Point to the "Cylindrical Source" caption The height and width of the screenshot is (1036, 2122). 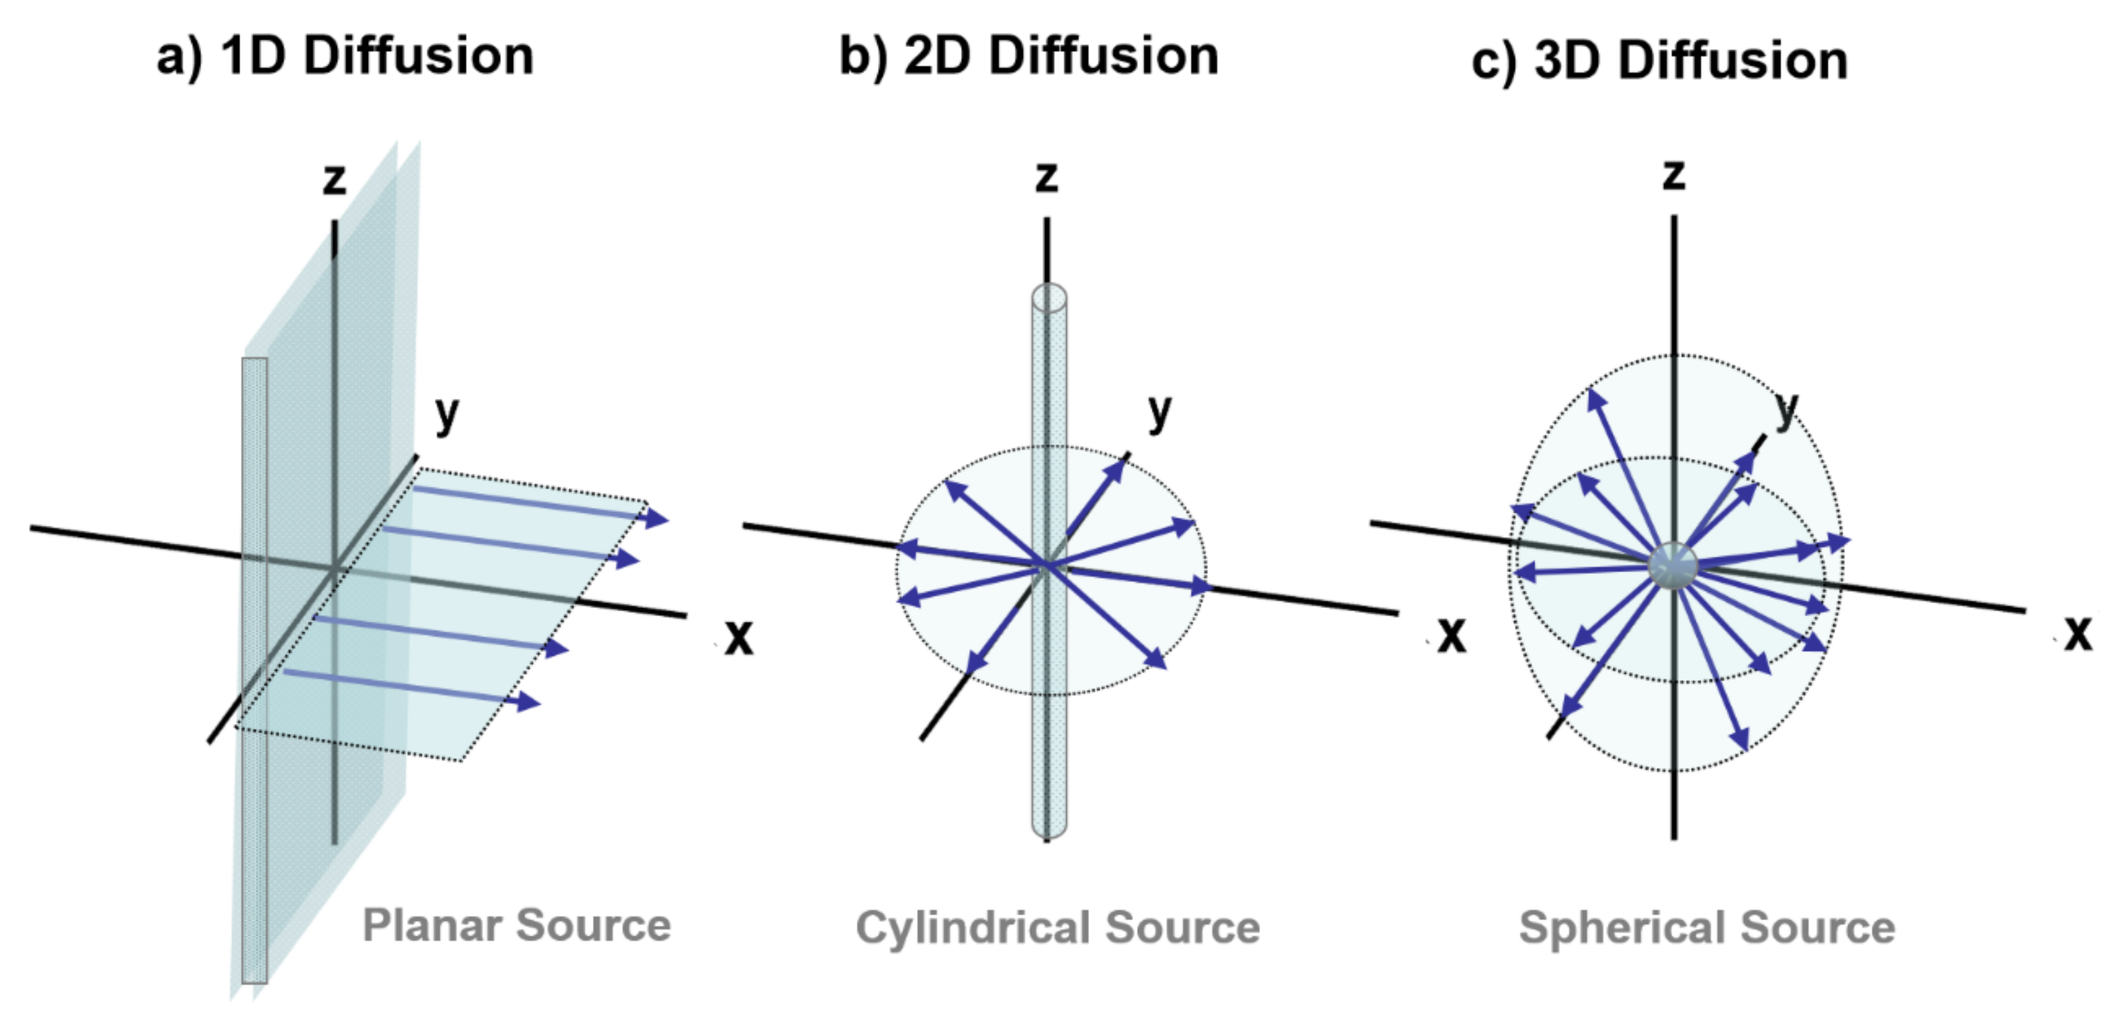[x=1057, y=928]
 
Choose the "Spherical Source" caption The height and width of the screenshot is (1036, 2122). [x=1707, y=928]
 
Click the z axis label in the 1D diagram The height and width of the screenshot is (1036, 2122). [x=333, y=179]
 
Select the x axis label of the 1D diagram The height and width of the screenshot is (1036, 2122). [x=738, y=637]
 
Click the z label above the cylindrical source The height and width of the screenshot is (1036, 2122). [x=1046, y=177]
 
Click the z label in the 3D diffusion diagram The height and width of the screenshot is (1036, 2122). [x=1673, y=175]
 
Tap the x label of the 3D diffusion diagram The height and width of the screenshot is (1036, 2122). [x=2077, y=633]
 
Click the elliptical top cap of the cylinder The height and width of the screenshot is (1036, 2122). [x=1048, y=297]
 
